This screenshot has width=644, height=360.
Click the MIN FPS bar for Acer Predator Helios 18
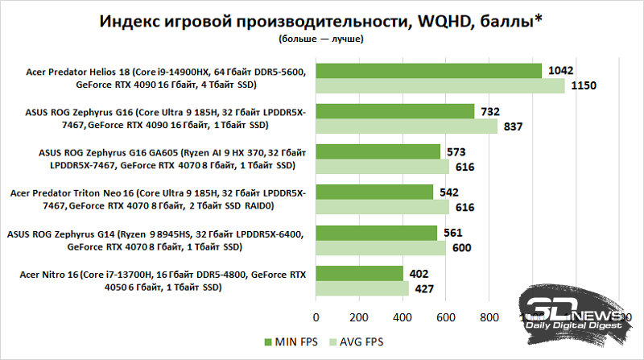pyautogui.click(x=428, y=71)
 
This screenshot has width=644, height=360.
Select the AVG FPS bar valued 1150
pyautogui.click(x=440, y=85)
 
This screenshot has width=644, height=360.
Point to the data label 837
pyautogui.click(x=512, y=126)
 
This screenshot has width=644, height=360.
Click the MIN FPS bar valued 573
pyautogui.click(x=378, y=151)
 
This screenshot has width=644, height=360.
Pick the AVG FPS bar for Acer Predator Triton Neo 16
pyautogui.click(x=382, y=206)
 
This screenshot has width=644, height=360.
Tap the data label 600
pyautogui.click(x=461, y=247)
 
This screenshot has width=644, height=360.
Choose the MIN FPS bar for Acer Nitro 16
pyautogui.click(x=359, y=273)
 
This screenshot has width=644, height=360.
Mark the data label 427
pyautogui.click(x=424, y=288)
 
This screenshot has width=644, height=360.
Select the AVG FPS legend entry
pyautogui.click(x=356, y=341)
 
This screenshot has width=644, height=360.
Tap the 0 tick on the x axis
pyautogui.click(x=316, y=317)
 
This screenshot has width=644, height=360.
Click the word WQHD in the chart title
pyautogui.click(x=441, y=19)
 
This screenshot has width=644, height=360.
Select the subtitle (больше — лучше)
pyautogui.click(x=321, y=37)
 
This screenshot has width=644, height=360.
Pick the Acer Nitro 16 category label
pyautogui.click(x=157, y=280)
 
